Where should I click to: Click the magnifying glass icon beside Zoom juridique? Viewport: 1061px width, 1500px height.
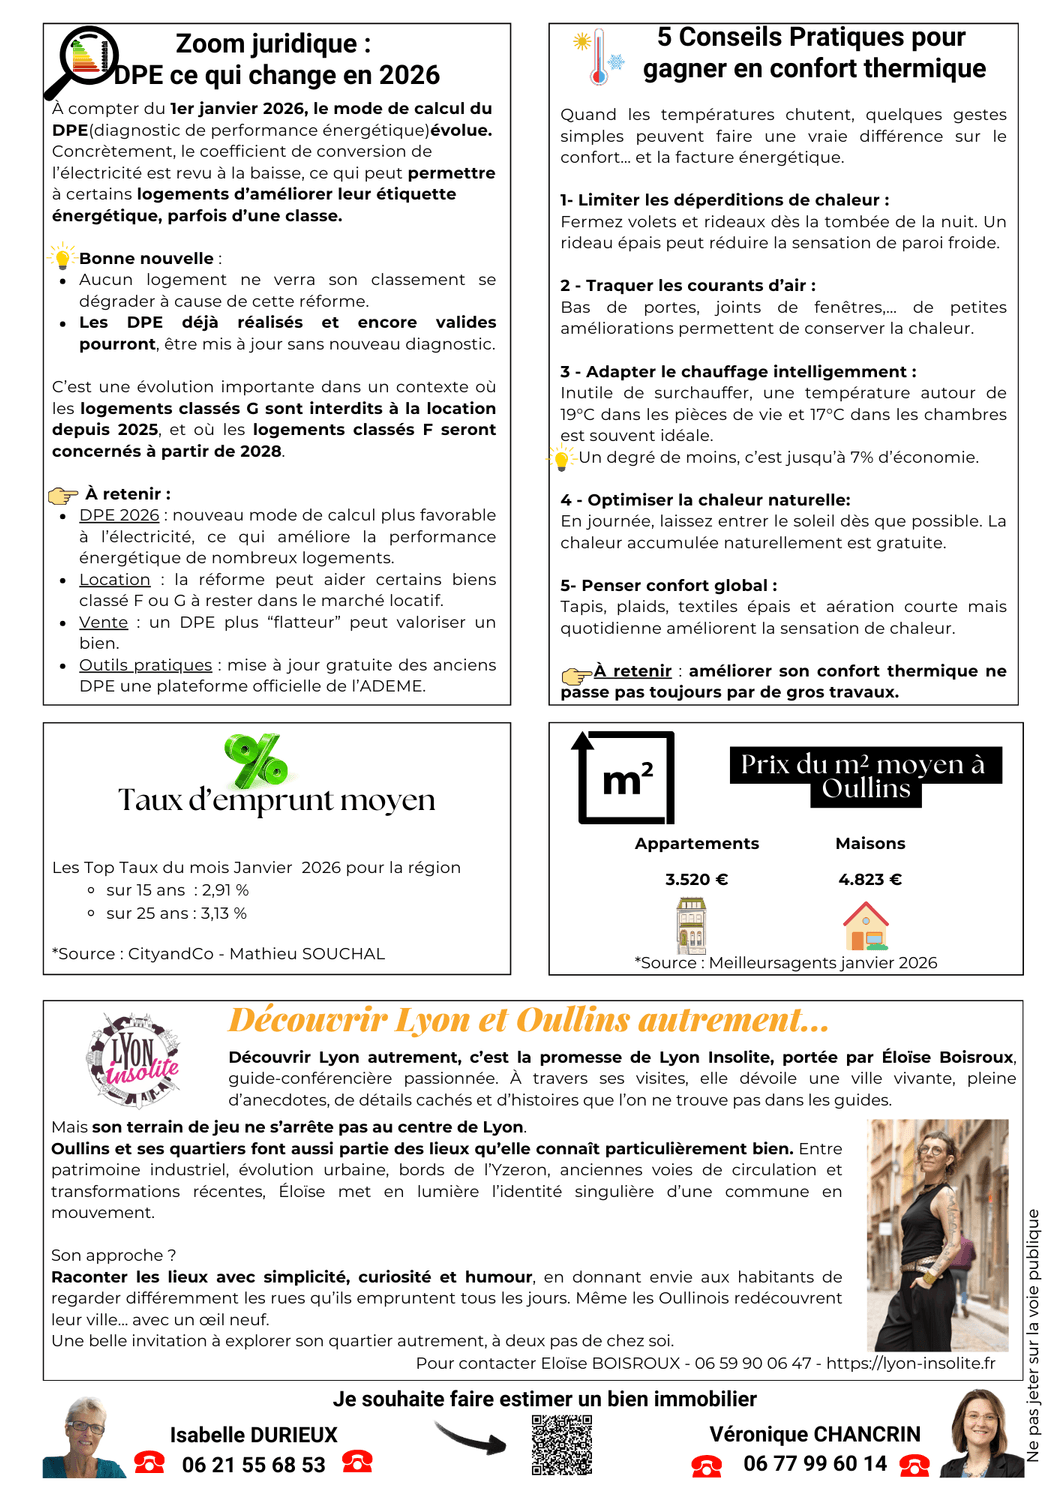click(x=84, y=60)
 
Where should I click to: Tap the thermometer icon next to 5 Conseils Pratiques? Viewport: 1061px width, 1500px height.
click(x=599, y=56)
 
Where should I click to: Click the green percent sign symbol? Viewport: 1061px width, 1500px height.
click(x=257, y=760)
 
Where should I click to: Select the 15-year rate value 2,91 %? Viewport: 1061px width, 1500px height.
click(x=226, y=890)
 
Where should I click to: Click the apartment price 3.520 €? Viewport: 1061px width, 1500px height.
click(x=696, y=880)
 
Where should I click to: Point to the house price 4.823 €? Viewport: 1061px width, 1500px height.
click(x=870, y=880)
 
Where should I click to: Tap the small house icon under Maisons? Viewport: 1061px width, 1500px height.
click(x=866, y=926)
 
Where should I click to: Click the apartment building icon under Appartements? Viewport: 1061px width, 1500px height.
click(x=691, y=925)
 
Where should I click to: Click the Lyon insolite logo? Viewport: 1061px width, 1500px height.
click(x=134, y=1060)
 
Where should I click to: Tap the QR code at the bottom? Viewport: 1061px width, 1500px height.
click(x=562, y=1445)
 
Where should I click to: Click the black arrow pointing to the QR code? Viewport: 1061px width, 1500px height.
click(x=471, y=1439)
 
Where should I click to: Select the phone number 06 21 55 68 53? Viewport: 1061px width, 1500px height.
click(x=254, y=1465)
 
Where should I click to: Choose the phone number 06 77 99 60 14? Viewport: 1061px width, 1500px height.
click(x=815, y=1464)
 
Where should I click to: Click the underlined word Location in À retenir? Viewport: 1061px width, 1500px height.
click(x=115, y=580)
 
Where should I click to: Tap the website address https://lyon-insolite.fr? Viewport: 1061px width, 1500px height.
click(x=911, y=1364)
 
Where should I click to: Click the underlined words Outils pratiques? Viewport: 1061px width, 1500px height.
click(x=146, y=665)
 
